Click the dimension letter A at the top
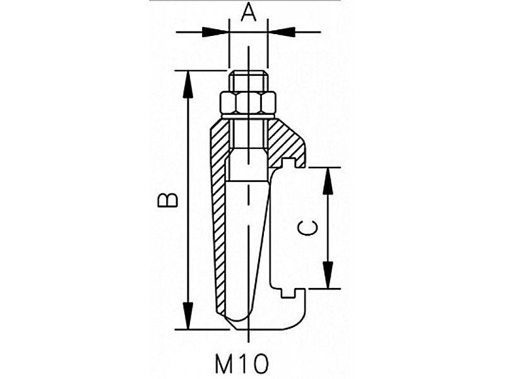[249, 13]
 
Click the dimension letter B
[167, 200]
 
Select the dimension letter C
[307, 228]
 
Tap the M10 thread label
[242, 364]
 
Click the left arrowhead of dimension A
[215, 32]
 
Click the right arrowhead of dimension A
[281, 32]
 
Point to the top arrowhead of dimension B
[188, 84]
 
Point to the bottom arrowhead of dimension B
[188, 316]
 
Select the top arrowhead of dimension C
[328, 181]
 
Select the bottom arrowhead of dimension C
[328, 275]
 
